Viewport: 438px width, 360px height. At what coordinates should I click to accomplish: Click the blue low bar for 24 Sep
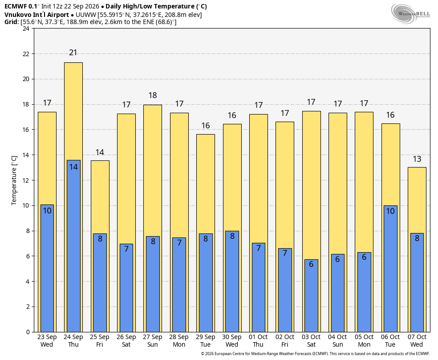73,246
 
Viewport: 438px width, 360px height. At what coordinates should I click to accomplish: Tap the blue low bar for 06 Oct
390,269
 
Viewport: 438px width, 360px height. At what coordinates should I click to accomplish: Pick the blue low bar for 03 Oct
311,296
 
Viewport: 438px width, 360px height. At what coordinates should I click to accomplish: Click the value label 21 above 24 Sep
73,53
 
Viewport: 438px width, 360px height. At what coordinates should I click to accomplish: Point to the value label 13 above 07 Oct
417,159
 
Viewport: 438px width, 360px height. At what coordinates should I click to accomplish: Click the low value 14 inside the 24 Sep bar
73,167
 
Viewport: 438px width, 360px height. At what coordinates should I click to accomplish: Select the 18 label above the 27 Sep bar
153,95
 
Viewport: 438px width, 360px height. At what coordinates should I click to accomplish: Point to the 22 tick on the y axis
26,53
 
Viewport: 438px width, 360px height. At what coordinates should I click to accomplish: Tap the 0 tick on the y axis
28,332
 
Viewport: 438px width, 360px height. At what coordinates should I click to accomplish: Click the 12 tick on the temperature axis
26,180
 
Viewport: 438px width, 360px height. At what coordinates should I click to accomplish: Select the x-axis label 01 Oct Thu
258,341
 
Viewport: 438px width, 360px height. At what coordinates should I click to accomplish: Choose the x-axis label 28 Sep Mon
179,341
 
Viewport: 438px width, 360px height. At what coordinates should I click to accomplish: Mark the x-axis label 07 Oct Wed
417,341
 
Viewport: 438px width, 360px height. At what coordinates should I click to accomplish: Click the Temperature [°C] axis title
14,180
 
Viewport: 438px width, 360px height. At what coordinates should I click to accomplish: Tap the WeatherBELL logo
410,14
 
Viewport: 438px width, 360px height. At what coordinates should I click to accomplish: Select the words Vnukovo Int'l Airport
36,15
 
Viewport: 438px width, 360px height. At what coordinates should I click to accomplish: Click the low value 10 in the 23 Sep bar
47,210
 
